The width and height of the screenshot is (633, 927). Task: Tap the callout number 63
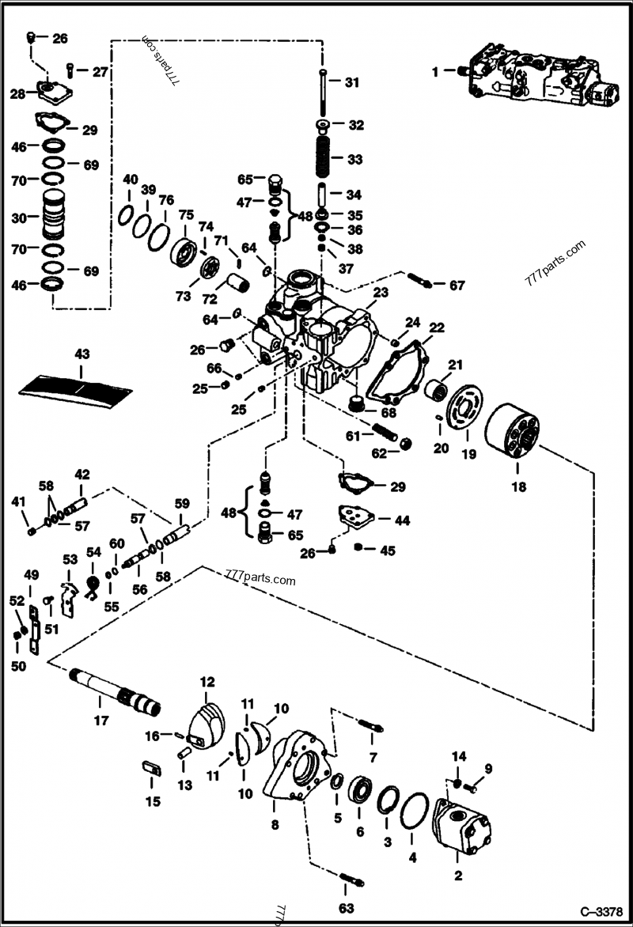[347, 907]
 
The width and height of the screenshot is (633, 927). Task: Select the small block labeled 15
[151, 768]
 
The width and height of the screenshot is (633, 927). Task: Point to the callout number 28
[17, 94]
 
